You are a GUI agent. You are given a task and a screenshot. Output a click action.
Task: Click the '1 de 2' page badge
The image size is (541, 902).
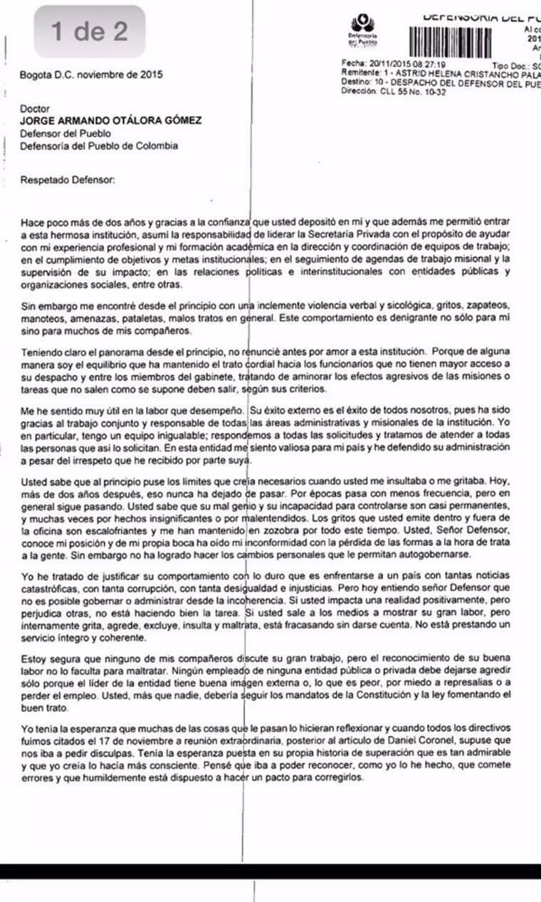tap(90, 31)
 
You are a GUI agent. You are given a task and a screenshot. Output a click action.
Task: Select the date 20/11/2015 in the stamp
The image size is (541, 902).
tap(386, 64)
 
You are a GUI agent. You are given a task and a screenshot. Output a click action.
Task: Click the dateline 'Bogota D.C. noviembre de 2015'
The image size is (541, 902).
tap(91, 74)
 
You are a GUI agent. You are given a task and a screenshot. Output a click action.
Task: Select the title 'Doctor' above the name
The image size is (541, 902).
tap(33, 109)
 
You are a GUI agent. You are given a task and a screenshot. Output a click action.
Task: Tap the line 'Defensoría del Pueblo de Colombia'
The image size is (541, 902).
tap(99, 146)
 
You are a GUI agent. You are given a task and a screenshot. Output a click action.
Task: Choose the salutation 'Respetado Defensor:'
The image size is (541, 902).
tap(68, 181)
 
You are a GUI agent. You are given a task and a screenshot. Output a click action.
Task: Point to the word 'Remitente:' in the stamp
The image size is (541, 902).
tap(360, 73)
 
